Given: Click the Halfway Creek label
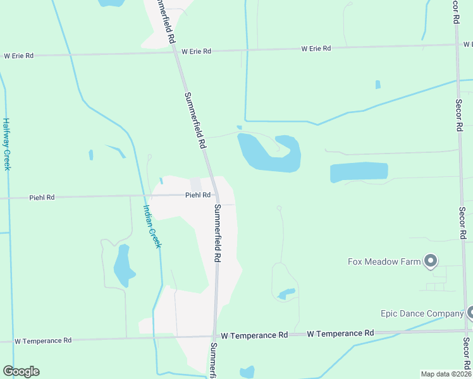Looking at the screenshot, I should (6, 143).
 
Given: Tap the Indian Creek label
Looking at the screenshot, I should (152, 226).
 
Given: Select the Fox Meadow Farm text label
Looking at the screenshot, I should (384, 262).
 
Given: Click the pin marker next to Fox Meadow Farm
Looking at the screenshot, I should (431, 260).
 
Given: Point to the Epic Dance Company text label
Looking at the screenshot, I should (422, 313).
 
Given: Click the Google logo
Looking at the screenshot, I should (21, 371).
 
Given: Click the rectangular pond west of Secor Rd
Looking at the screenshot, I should (359, 172).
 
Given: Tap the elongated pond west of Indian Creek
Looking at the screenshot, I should (123, 265).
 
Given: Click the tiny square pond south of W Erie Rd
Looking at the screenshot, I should (378, 84).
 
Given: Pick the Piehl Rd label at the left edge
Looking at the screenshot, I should (42, 198).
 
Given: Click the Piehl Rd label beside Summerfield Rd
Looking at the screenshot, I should (197, 195).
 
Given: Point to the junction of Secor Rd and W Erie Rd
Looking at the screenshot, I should (457, 45).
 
